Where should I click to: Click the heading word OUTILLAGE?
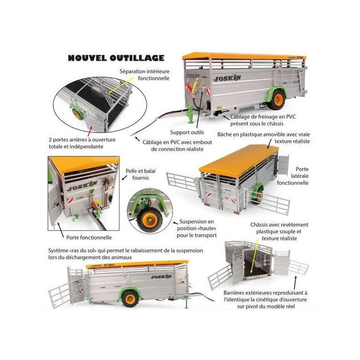(x=137, y=58)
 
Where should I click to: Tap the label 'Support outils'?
(x=187, y=132)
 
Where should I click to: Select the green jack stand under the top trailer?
(x=191, y=114)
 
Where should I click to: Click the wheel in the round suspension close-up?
(x=151, y=220)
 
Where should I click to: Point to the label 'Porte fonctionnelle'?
(x=89, y=237)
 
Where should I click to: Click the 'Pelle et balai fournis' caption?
(x=141, y=174)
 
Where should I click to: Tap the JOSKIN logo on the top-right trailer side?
(x=227, y=78)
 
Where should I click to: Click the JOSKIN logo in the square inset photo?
(x=82, y=186)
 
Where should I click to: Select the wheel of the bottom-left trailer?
(x=130, y=299)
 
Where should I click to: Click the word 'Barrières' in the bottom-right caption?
(x=233, y=292)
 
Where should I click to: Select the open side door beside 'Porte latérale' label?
(x=283, y=165)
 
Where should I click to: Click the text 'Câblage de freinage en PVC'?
(x=263, y=116)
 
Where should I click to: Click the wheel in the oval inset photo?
(x=77, y=114)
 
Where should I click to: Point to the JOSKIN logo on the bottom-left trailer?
(x=161, y=277)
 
